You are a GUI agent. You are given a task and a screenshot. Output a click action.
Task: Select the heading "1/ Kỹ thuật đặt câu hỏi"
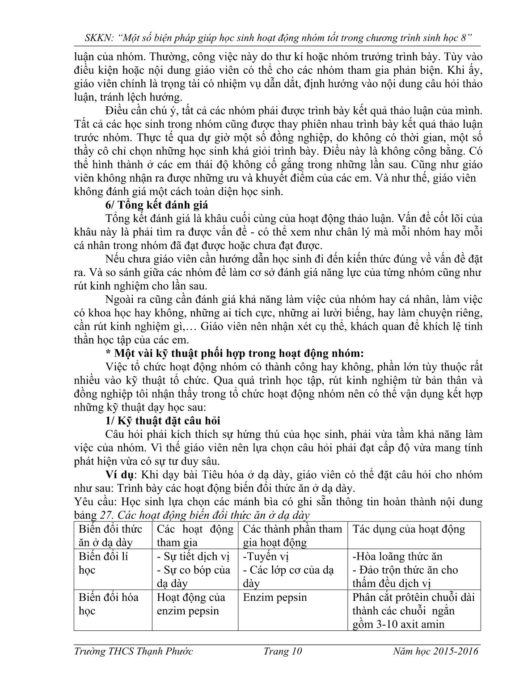point(163,421)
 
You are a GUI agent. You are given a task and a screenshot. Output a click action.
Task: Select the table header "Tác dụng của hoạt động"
point(409,529)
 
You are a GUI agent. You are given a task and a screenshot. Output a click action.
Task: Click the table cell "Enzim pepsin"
point(275,597)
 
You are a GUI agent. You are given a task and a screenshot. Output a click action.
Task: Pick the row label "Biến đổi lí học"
point(104,563)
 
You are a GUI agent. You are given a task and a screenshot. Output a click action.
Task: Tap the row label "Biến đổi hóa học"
point(108,604)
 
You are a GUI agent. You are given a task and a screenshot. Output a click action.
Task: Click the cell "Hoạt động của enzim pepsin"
point(191,604)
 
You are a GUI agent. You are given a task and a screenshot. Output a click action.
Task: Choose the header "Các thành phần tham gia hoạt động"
point(292,536)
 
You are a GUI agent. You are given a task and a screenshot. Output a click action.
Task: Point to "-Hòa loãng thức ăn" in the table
point(397,557)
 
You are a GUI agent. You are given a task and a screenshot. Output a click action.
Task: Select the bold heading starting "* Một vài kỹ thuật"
point(235,353)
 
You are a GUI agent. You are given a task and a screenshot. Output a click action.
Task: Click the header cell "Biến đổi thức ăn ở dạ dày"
point(110,536)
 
